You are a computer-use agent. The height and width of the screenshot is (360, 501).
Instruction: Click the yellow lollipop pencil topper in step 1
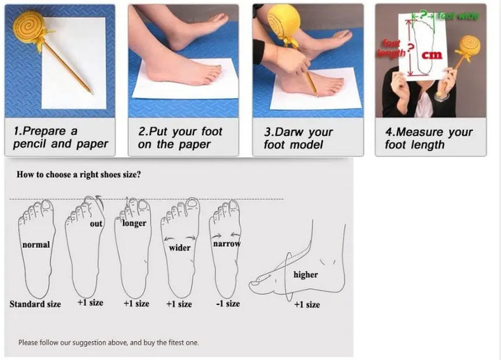tap(28, 27)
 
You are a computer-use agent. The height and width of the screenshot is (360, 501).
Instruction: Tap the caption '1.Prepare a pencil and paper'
tap(61, 137)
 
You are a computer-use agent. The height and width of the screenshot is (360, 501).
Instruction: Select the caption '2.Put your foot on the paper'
tap(180, 138)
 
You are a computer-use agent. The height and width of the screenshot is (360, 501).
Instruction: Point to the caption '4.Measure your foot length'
tap(429, 138)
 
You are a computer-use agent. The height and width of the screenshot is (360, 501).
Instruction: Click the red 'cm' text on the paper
tap(432, 55)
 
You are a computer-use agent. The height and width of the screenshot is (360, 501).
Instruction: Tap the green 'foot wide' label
tap(458, 15)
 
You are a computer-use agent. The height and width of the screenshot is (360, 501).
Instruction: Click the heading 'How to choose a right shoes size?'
tap(79, 175)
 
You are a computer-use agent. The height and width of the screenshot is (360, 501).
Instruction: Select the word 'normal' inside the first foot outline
tap(36, 244)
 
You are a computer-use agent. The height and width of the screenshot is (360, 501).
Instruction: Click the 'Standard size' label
tap(35, 304)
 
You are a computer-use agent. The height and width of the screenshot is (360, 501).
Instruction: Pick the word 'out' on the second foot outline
tap(96, 224)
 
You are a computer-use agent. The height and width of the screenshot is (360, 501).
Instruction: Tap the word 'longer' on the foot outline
tap(134, 223)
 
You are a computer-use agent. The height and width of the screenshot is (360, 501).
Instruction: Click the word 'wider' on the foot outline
tap(180, 247)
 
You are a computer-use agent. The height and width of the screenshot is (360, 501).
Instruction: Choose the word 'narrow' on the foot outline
tap(227, 244)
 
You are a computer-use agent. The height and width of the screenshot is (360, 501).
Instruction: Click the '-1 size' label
tap(228, 304)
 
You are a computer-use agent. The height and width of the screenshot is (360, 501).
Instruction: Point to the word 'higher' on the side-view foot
tap(305, 274)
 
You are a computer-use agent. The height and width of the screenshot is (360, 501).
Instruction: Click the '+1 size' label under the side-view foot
tap(307, 304)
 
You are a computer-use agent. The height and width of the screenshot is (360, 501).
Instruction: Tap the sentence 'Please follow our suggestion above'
tap(73, 343)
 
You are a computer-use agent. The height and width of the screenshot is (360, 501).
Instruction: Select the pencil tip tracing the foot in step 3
tap(317, 95)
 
